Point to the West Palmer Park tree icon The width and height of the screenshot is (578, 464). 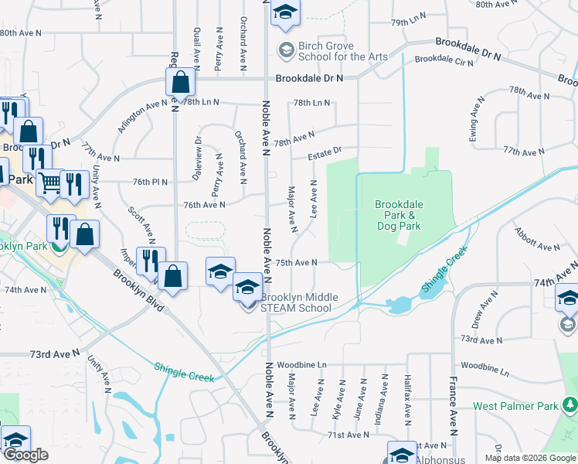tap(570, 404)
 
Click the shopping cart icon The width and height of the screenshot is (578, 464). tap(49, 183)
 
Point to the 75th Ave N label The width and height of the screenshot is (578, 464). tap(297, 263)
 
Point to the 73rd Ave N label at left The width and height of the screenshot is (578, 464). tap(55, 353)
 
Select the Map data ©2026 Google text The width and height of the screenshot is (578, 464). tap(529, 458)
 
